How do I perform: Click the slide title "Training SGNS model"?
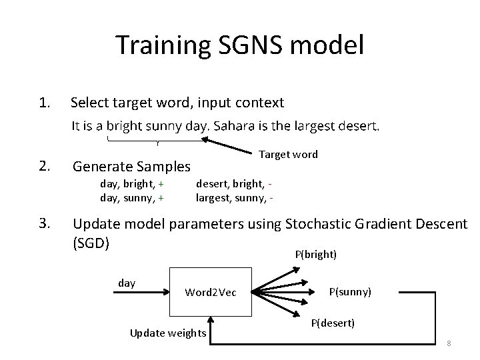tap(240, 46)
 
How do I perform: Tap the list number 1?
tap(45, 103)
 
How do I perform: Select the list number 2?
tap(45, 165)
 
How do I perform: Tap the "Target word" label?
tap(288, 155)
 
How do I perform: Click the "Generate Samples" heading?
tap(131, 166)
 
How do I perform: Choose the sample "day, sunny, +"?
tap(132, 197)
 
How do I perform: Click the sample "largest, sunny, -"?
tap(234, 197)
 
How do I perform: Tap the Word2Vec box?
tap(209, 292)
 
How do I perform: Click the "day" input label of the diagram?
tap(127, 283)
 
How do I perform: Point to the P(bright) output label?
tap(315, 255)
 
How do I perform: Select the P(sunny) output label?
tap(351, 292)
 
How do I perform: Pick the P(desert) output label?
tap(333, 323)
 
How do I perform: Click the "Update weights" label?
tap(168, 333)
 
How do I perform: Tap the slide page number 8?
tap(449, 343)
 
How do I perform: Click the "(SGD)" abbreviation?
tap(91, 243)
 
